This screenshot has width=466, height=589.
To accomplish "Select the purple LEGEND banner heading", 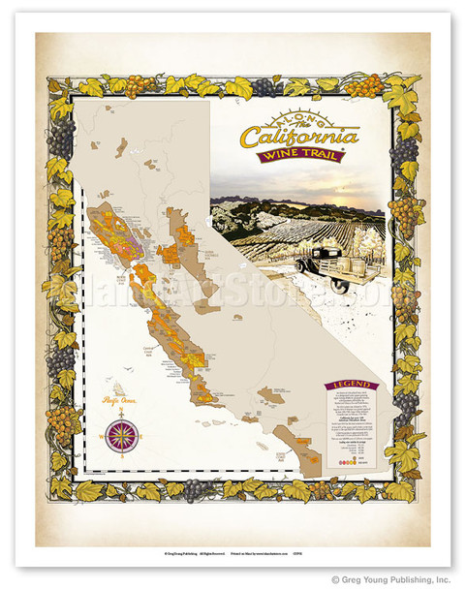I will pos(352,385).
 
